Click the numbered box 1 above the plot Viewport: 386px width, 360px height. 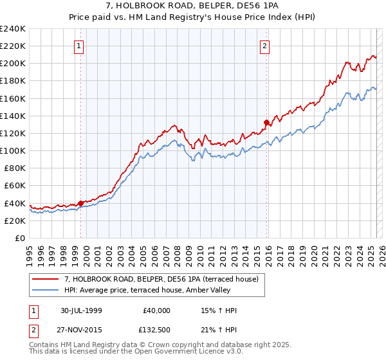(x=78, y=46)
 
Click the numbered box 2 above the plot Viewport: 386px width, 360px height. (x=264, y=46)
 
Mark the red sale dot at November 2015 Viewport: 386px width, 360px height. (x=266, y=122)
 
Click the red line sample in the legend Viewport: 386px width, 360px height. (x=46, y=279)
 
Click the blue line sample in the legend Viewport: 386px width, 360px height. (x=46, y=290)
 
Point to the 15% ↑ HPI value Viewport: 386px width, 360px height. (x=219, y=310)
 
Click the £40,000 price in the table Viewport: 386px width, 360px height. (x=157, y=310)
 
